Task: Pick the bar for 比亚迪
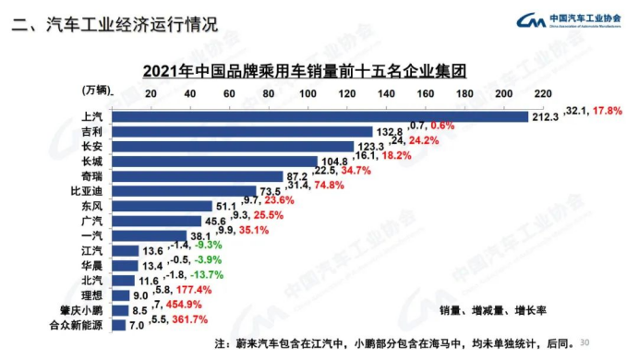coord(185,191)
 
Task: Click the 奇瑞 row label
coord(92,176)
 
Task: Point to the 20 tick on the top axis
coord(151,94)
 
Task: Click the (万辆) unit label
coord(96,90)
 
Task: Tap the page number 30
coord(584,340)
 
